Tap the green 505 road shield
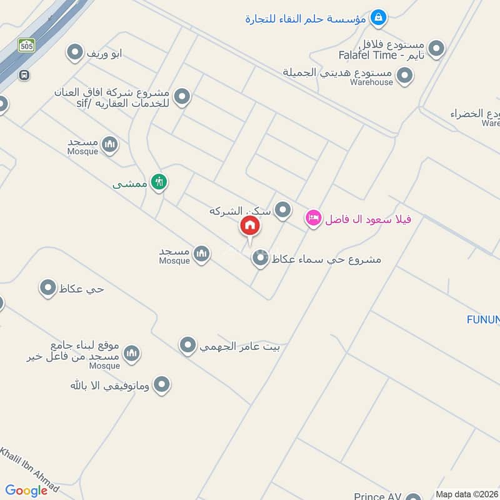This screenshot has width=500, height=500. click(x=26, y=45)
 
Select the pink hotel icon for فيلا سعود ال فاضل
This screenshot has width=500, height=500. click(x=313, y=218)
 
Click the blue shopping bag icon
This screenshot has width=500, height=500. click(x=377, y=18)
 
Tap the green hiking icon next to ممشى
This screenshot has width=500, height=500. click(x=159, y=182)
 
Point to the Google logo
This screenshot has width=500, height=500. click(x=26, y=491)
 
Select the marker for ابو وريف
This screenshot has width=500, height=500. click(x=75, y=53)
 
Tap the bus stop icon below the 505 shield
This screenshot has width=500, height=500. click(x=24, y=75)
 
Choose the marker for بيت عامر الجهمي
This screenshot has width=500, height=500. click(x=187, y=345)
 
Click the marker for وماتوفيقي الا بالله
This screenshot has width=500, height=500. click(x=162, y=384)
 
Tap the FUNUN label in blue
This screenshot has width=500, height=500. click(x=483, y=320)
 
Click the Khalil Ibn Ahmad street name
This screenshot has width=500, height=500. click(x=29, y=469)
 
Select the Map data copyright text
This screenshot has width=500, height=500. click(x=467, y=494)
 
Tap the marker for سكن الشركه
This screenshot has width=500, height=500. click(x=283, y=210)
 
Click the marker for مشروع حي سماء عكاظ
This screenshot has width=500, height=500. click(x=260, y=258)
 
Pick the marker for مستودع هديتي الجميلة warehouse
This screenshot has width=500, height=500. click(x=405, y=76)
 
